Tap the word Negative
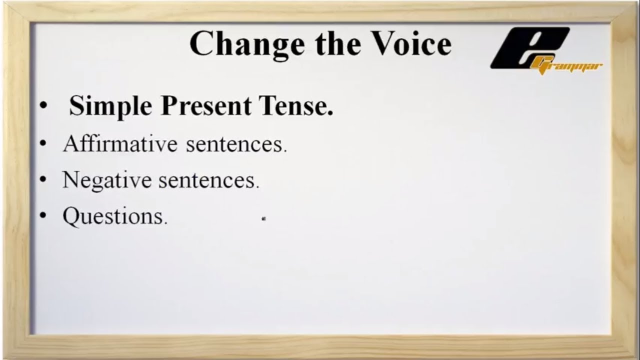pyautogui.click(x=106, y=180)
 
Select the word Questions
pyautogui.click(x=114, y=216)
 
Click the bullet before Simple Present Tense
pyautogui.click(x=44, y=106)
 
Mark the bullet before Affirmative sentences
pyautogui.click(x=44, y=144)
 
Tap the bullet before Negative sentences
pyautogui.click(x=44, y=180)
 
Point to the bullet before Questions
pyautogui.click(x=44, y=216)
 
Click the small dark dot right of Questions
pyautogui.click(x=263, y=218)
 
